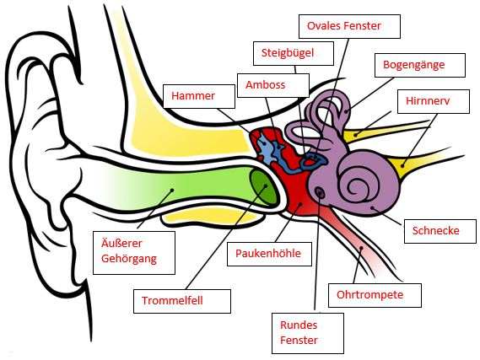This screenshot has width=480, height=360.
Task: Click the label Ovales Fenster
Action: (344, 25)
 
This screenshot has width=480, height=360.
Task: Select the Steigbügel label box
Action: (294, 53)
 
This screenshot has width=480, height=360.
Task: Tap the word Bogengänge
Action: (414, 65)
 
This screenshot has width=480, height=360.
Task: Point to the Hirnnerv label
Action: (428, 100)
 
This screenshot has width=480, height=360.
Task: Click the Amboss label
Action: (265, 84)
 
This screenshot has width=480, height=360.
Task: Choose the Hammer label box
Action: (199, 96)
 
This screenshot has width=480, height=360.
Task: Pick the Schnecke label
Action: (435, 230)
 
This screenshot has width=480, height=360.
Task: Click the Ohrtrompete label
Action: (369, 295)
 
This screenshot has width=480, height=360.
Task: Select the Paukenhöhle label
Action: (268, 253)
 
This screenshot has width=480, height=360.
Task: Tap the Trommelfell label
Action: (172, 300)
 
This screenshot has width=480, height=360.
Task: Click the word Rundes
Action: (299, 325)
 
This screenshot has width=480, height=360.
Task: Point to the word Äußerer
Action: (121, 243)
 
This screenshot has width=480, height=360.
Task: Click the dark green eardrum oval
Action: (263, 187)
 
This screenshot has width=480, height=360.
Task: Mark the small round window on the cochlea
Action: (320, 192)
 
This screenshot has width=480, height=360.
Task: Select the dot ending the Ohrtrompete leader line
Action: (361, 248)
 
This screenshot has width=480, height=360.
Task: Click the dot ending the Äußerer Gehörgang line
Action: (172, 191)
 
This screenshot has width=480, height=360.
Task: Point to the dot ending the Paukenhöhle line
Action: (301, 203)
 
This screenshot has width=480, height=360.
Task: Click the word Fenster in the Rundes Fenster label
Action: (299, 340)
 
